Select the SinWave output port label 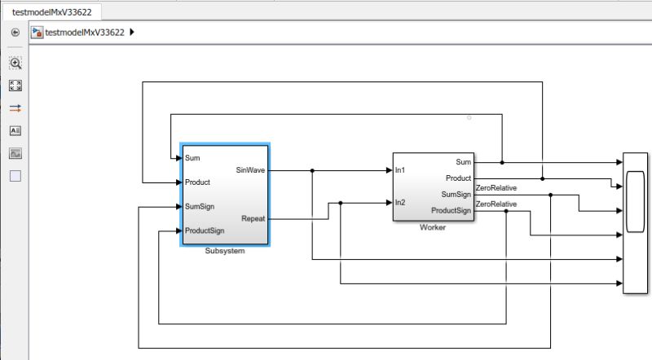click(250, 170)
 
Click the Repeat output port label click(253, 218)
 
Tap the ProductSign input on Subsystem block click(204, 230)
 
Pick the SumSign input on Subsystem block click(200, 206)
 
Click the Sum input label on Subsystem click(192, 158)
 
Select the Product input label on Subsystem click(197, 182)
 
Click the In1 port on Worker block click(400, 170)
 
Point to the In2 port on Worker click(400, 202)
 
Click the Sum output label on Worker click(463, 161)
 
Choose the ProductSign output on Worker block click(451, 211)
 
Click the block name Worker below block click(432, 227)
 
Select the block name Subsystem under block click(225, 251)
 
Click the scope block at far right click(635, 222)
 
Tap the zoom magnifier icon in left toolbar click(15, 63)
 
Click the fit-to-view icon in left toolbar click(15, 86)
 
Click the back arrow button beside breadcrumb click(15, 33)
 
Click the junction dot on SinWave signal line click(313, 170)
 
